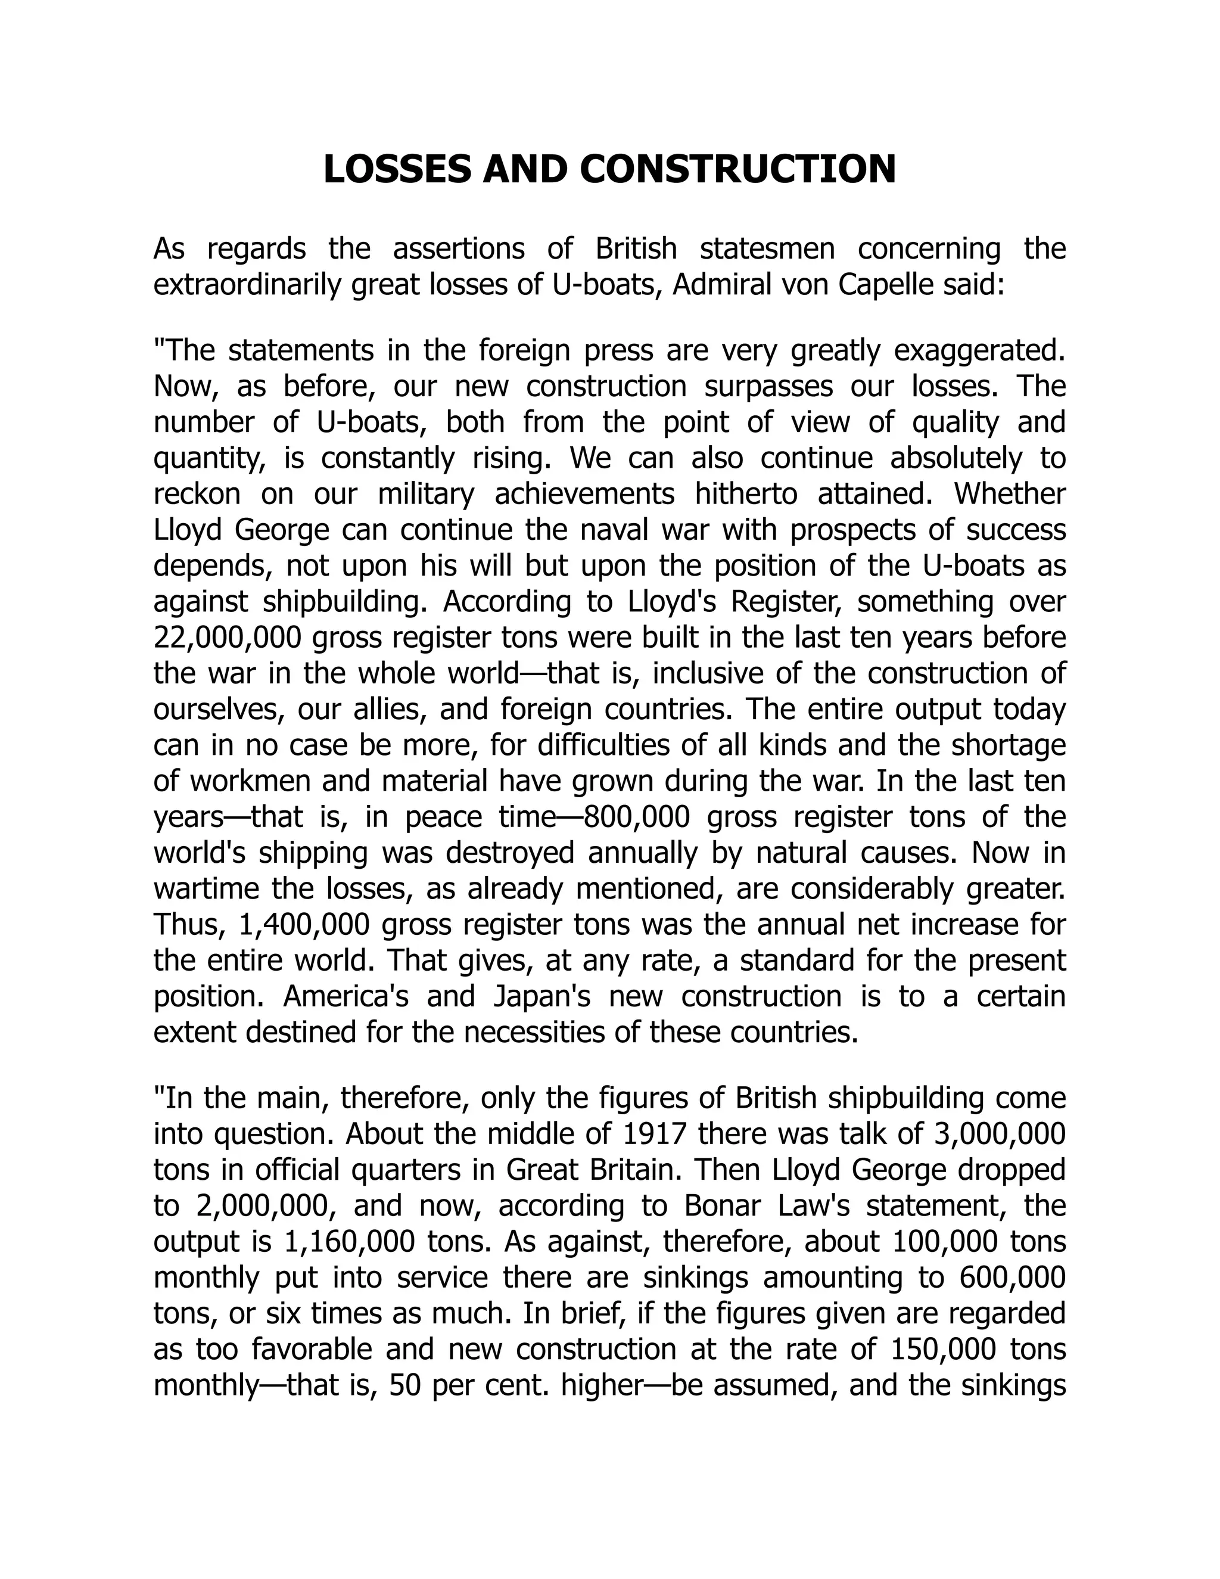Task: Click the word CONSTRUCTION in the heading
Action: tap(737, 169)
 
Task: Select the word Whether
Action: tap(1010, 494)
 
